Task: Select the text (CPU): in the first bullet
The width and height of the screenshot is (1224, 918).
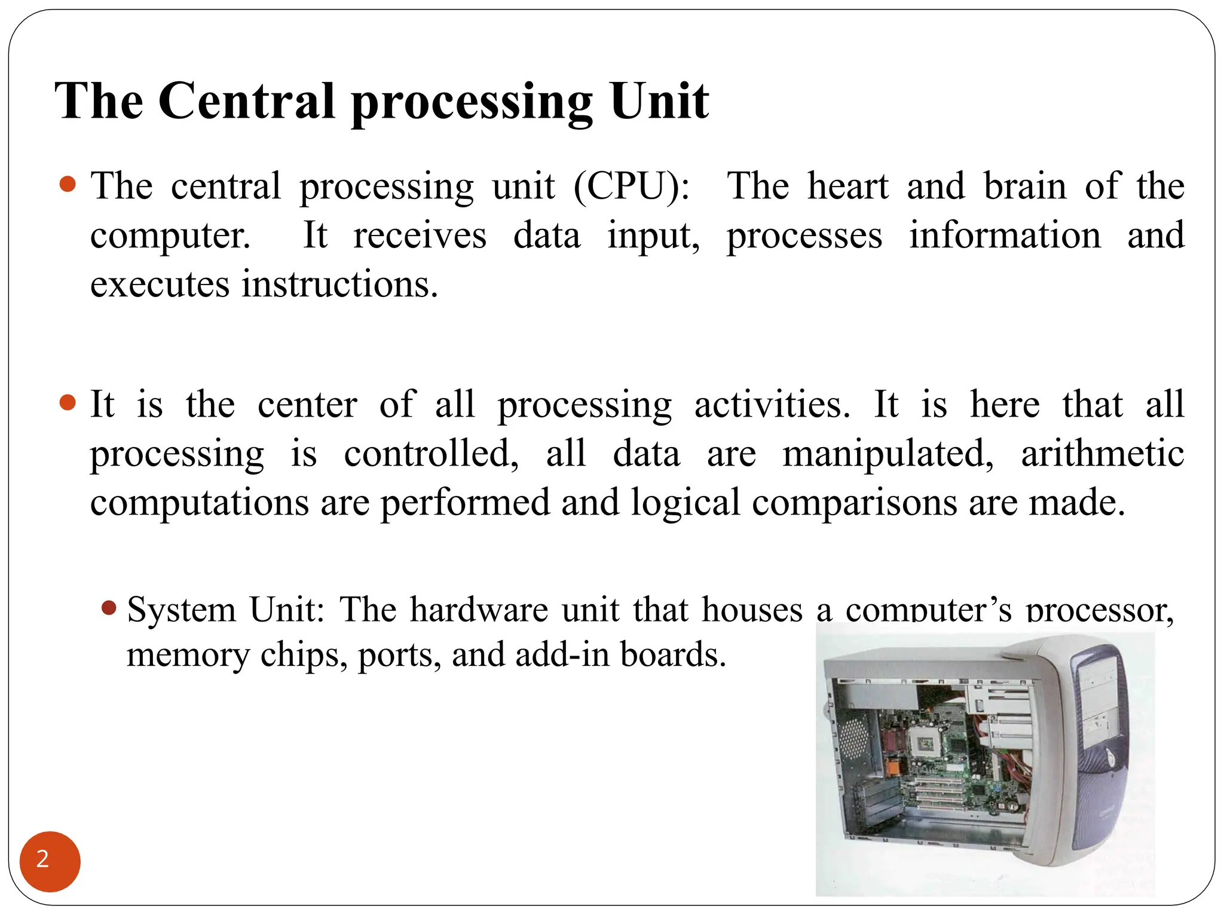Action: [x=632, y=186]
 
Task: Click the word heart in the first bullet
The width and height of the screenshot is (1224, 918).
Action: [x=847, y=186]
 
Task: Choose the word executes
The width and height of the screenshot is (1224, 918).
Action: [x=160, y=284]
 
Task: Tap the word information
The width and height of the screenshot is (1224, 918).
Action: [x=1005, y=235]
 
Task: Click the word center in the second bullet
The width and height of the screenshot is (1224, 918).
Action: [x=307, y=405]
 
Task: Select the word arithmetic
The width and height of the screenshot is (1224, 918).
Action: [x=1102, y=453]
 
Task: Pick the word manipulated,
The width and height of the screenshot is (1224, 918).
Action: [x=888, y=454]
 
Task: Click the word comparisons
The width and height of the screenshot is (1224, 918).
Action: [x=855, y=503]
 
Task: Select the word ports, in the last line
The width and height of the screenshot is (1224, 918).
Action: [x=399, y=655]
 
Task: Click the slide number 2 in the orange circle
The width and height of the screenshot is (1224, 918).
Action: [x=43, y=859]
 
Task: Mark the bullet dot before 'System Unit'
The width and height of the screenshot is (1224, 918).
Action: [x=109, y=608]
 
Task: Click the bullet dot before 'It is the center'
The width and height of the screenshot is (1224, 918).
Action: [x=68, y=402]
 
